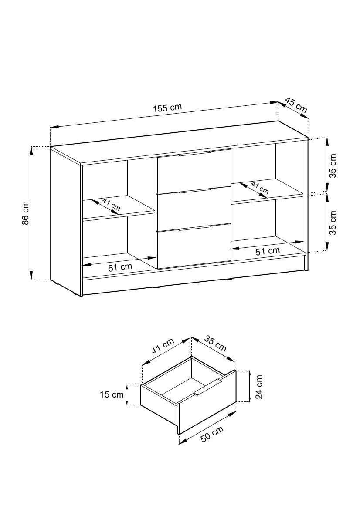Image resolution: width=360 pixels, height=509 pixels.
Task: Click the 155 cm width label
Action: [x=167, y=108]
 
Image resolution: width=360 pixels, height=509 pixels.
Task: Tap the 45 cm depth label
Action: [x=296, y=105]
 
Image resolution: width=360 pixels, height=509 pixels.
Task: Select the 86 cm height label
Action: [x=26, y=213]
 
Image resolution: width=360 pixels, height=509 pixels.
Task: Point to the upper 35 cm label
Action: [x=333, y=165]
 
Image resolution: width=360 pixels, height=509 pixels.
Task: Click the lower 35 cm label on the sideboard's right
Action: [x=333, y=222]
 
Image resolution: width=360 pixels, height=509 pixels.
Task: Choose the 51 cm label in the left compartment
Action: [x=120, y=267]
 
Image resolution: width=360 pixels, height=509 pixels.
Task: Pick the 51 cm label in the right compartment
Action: [x=268, y=251]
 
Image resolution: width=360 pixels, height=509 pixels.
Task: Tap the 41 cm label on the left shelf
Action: [x=111, y=205]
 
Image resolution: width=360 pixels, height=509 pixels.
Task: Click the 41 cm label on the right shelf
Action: [x=260, y=188]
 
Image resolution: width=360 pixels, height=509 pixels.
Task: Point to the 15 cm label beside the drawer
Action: [x=112, y=395]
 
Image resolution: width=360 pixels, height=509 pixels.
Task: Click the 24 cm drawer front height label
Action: [x=259, y=387]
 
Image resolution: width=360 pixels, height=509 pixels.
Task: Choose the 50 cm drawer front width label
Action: [x=212, y=433]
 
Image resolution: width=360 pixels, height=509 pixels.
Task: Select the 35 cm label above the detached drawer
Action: [x=215, y=344]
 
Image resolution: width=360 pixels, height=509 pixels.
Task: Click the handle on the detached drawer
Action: [x=208, y=387]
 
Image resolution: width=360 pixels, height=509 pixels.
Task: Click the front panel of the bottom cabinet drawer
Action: [x=194, y=247]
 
